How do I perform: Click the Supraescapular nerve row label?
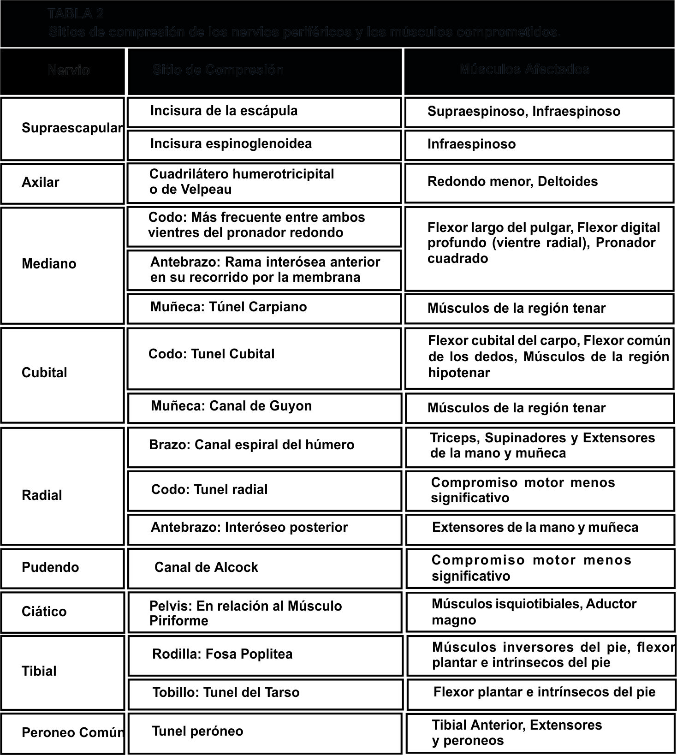[x=71, y=128]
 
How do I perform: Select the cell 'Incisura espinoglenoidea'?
[x=231, y=144]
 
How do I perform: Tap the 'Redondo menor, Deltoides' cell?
[x=512, y=182]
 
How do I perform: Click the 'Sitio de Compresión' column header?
[x=218, y=70]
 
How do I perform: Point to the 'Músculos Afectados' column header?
[x=524, y=70]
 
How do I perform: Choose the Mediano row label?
[x=49, y=264]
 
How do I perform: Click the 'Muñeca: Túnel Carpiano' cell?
[x=229, y=307]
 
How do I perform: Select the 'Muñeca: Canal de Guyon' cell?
[x=232, y=406]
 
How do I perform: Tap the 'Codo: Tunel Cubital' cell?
[x=212, y=354]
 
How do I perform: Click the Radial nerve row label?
[x=42, y=495]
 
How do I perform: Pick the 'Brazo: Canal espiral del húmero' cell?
[x=252, y=445]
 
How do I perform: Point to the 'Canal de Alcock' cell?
[x=206, y=567]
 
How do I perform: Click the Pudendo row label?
[x=50, y=567]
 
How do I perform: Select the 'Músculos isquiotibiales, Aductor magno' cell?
[x=534, y=612]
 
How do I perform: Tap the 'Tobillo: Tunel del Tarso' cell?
[x=226, y=693]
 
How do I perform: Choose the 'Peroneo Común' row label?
[x=73, y=733]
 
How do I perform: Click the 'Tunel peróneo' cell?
[x=198, y=731]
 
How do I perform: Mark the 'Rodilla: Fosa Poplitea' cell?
[x=222, y=654]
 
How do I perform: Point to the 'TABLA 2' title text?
[x=76, y=14]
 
